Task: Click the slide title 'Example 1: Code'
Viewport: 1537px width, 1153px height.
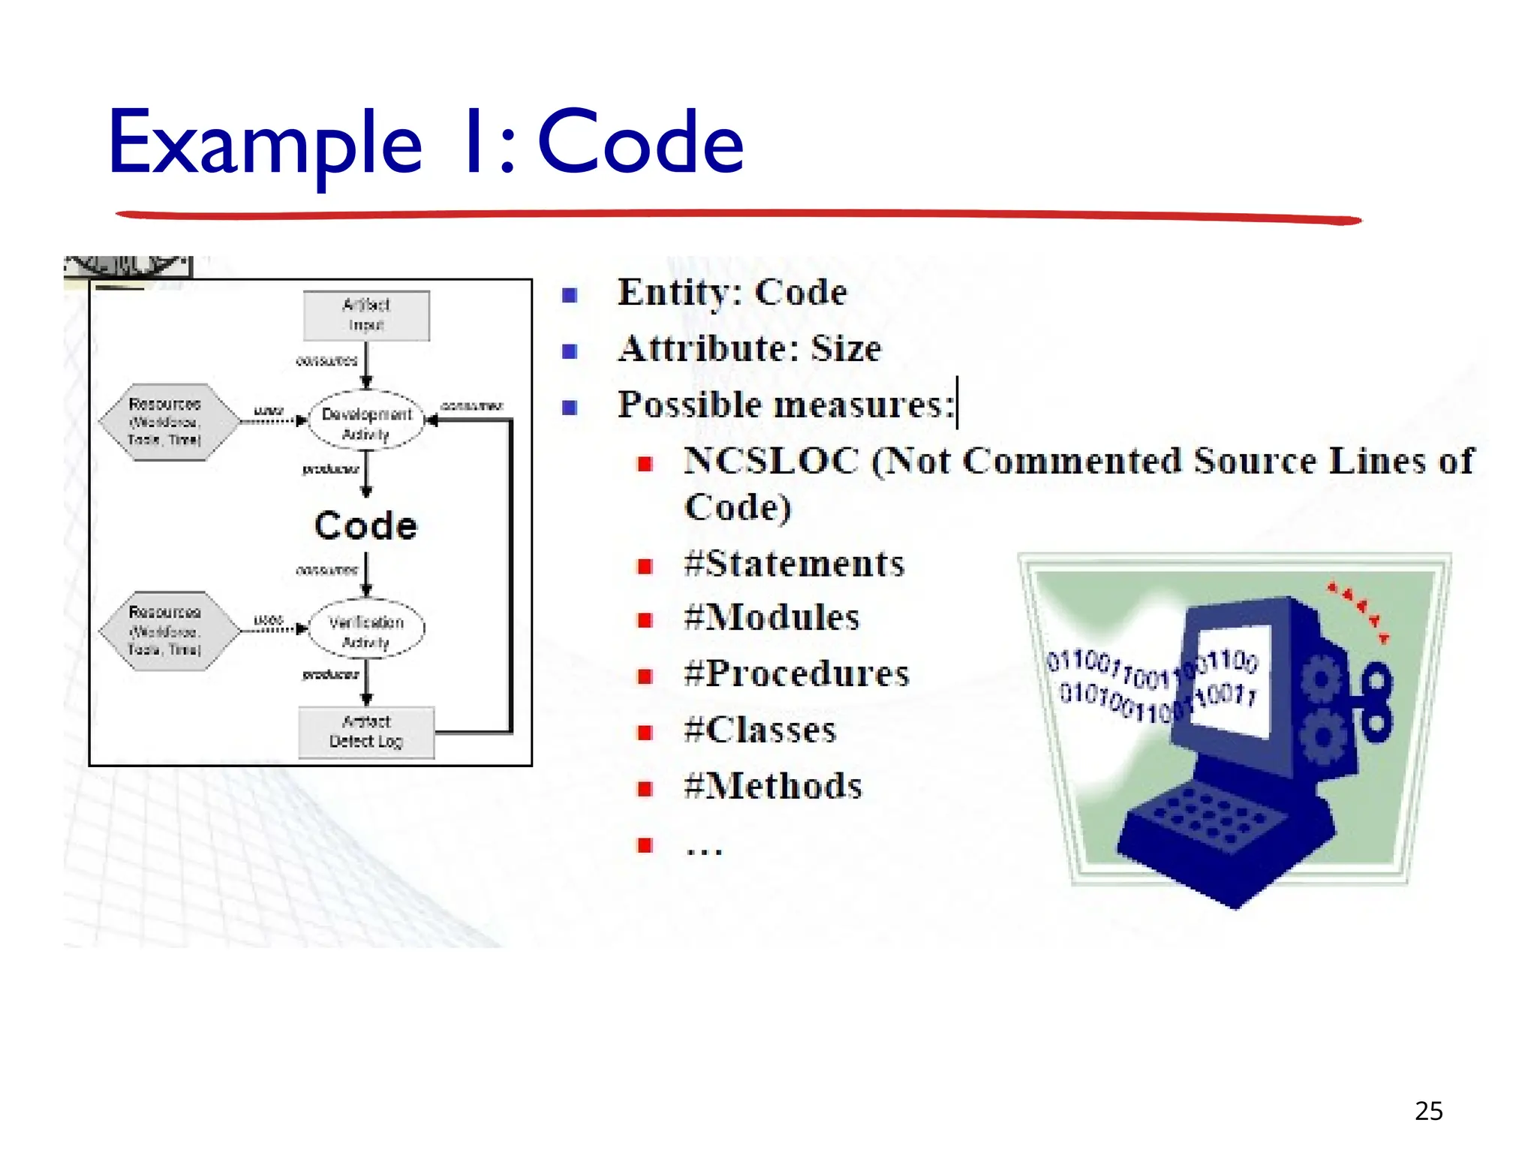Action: pos(426,143)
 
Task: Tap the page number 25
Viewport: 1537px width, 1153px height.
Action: pos(1428,1111)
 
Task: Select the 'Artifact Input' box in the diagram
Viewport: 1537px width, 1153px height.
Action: pos(366,315)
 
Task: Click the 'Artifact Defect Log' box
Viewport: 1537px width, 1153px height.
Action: pos(366,732)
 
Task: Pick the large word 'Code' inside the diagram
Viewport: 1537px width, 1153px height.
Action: pos(365,525)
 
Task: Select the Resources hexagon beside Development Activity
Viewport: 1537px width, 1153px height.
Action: pos(167,422)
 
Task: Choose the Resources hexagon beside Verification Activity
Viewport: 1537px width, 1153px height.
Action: pos(167,631)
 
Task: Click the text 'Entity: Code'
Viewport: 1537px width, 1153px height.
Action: pos(732,293)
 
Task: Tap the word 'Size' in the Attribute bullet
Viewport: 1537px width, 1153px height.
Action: pos(846,349)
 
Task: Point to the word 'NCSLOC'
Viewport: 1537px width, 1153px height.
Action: pos(771,461)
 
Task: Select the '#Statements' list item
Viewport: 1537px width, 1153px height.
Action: pos(794,564)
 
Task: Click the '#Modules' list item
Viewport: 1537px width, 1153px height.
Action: pos(772,619)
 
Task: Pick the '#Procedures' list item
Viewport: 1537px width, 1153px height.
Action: pos(796,674)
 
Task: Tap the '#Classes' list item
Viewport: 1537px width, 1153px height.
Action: pos(760,730)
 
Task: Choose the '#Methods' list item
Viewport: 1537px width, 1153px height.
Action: pos(773,787)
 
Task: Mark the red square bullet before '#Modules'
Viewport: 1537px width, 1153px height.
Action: pos(645,620)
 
